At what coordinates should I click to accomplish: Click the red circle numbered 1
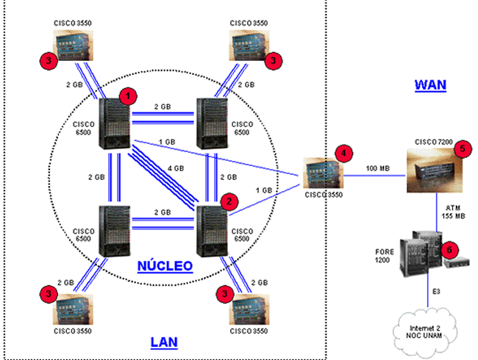pyautogui.click(x=128, y=96)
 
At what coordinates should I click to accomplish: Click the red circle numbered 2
pyautogui.click(x=229, y=200)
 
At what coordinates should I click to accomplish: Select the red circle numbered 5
pyautogui.click(x=461, y=148)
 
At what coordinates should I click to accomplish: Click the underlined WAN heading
pyautogui.click(x=430, y=84)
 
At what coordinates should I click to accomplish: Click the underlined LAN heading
pyautogui.click(x=164, y=342)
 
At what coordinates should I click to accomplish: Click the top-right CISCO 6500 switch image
pyautogui.click(x=214, y=123)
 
